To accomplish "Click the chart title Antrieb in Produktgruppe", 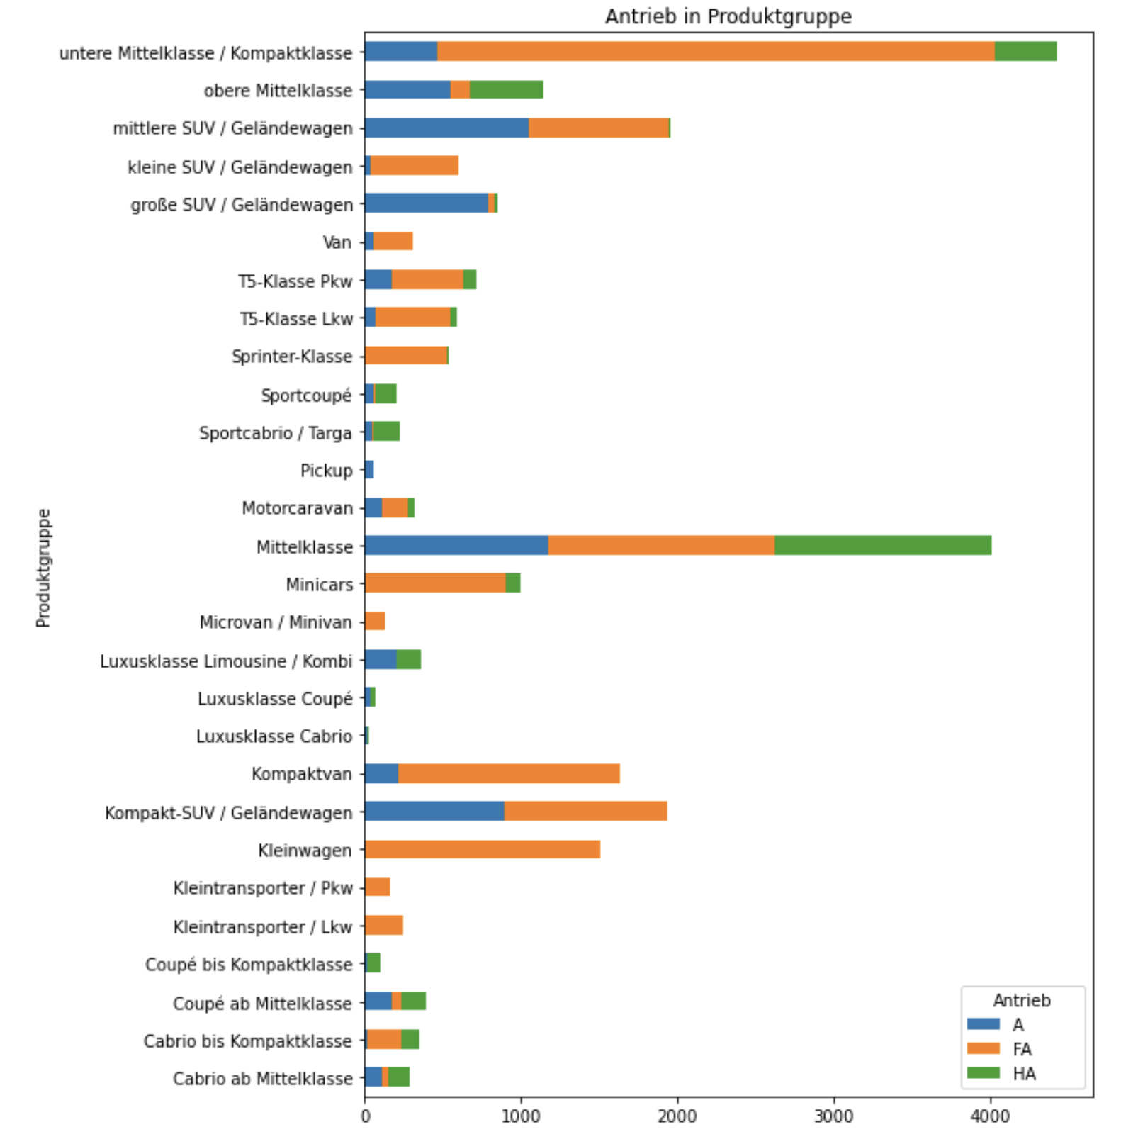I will tap(728, 16).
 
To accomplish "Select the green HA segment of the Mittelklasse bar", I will tap(882, 546).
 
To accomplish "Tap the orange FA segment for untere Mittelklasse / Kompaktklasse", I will tap(716, 52).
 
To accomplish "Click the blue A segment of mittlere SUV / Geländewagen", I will tap(446, 128).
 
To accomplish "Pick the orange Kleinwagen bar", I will tap(483, 849).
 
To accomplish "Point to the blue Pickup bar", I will tap(369, 470).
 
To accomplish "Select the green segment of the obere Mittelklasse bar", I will tap(506, 90).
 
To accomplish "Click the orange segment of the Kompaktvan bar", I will tap(509, 773).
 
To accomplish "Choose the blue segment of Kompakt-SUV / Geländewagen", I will tap(434, 812).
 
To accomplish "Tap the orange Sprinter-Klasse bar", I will tap(406, 356).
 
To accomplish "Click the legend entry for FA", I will tap(1021, 1049).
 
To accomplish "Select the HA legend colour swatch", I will tap(983, 1073).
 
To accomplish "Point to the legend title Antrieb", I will tap(1021, 1000).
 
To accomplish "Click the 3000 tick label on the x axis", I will tap(833, 1116).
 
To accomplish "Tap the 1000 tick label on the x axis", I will tap(521, 1116).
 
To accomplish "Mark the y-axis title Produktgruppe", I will tap(43, 568).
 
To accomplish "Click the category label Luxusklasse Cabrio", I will tap(274, 736).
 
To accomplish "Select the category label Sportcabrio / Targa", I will tap(275, 433).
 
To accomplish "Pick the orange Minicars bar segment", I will tap(435, 583).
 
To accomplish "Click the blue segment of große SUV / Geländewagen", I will tap(426, 203).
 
